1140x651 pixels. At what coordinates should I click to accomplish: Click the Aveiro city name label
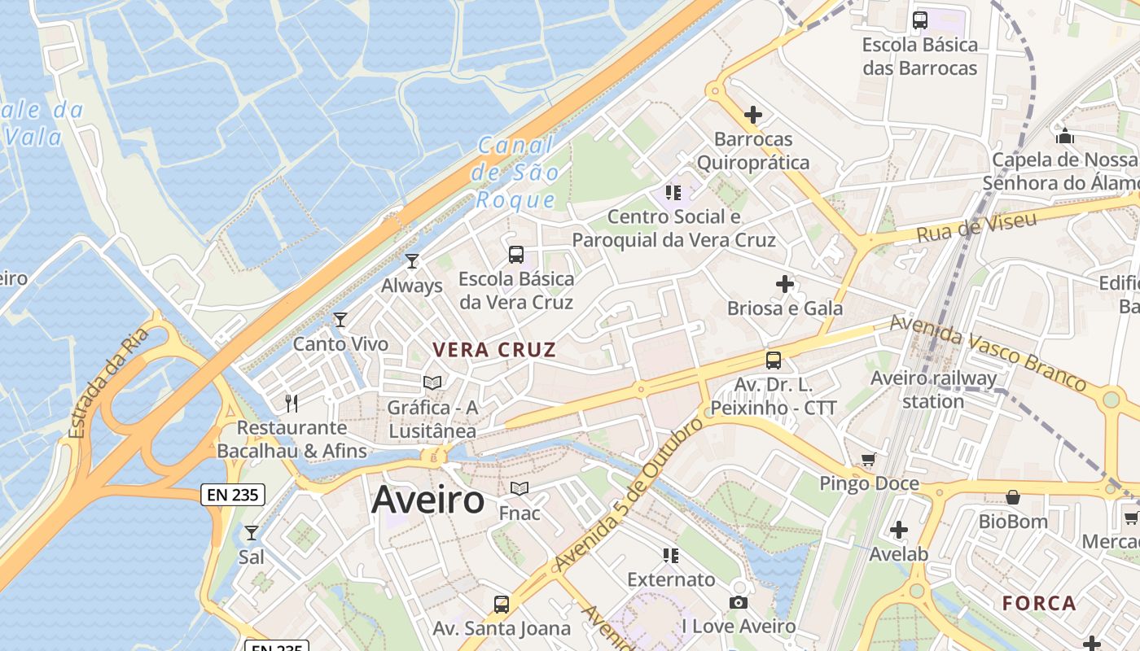click(427, 500)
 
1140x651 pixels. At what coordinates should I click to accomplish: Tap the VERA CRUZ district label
click(494, 351)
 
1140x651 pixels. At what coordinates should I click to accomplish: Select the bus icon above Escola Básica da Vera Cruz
click(516, 255)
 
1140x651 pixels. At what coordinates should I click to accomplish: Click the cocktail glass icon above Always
click(412, 261)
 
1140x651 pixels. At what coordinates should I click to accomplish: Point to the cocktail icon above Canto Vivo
click(340, 320)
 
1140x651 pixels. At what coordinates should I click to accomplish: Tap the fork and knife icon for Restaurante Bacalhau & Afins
click(292, 403)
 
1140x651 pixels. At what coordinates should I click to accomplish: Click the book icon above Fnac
click(520, 488)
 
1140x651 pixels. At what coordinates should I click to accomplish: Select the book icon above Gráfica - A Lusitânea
click(432, 382)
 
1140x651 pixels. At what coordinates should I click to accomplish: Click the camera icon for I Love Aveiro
click(739, 602)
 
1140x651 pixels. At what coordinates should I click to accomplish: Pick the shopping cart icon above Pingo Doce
click(869, 460)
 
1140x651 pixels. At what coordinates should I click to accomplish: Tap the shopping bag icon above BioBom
click(1013, 496)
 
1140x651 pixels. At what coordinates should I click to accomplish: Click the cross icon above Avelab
click(899, 531)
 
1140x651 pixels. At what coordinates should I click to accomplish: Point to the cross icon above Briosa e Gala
click(785, 284)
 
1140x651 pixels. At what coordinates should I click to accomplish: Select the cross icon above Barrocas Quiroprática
click(753, 115)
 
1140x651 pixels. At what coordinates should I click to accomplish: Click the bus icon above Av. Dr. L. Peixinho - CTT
click(774, 360)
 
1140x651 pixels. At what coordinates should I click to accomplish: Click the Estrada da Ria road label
click(109, 382)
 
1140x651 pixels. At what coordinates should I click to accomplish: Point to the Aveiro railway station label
click(933, 390)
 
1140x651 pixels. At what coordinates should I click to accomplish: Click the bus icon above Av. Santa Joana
click(502, 604)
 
